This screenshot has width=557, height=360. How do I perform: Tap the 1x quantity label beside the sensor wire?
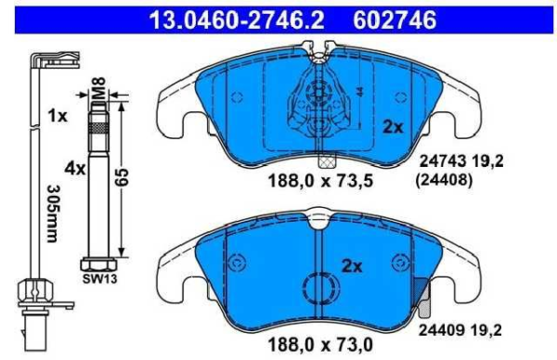[x=58, y=116]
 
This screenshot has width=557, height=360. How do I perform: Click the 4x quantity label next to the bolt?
[x=74, y=170]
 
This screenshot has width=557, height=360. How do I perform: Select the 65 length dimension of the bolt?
[x=121, y=178]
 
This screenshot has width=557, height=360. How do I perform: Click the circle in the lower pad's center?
[x=320, y=289]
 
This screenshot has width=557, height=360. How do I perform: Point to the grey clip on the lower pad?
[x=421, y=299]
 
